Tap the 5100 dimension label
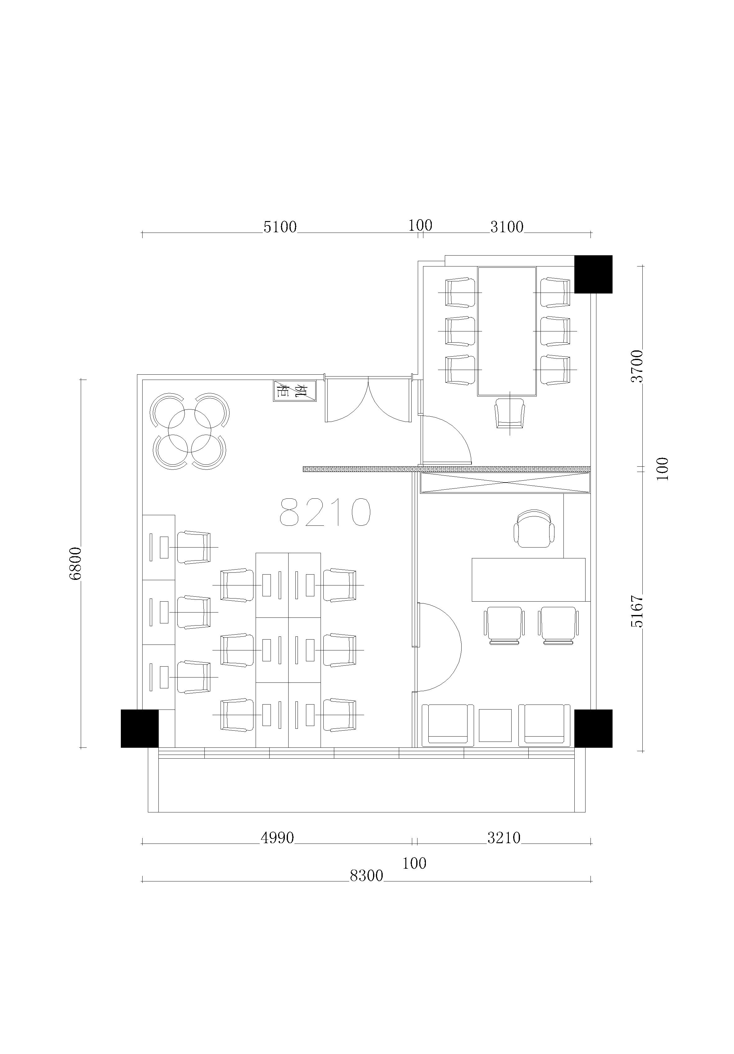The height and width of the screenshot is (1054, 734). click(280, 227)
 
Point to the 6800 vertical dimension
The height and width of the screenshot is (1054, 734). click(75, 563)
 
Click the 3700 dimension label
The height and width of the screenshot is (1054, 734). click(637, 366)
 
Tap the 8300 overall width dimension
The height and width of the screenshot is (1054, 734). click(367, 876)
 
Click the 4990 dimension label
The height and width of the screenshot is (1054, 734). click(277, 838)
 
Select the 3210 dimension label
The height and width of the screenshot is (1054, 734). click(504, 838)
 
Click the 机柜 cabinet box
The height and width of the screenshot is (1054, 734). click(294, 391)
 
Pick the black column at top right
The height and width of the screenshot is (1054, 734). click(593, 274)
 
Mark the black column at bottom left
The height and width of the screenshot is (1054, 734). click(139, 728)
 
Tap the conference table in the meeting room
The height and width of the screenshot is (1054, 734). click(507, 331)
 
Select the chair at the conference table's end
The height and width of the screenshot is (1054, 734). click(510, 413)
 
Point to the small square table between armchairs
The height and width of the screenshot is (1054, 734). click(495, 725)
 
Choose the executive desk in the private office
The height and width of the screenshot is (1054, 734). click(528, 580)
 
